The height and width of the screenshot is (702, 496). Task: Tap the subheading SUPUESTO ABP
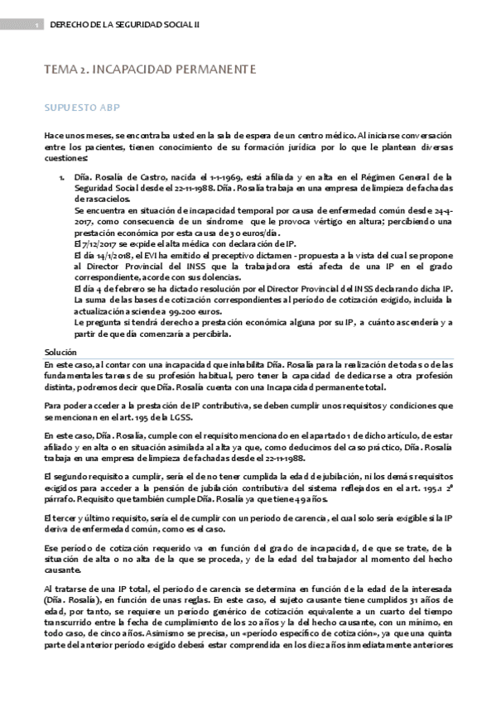pos(81,108)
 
